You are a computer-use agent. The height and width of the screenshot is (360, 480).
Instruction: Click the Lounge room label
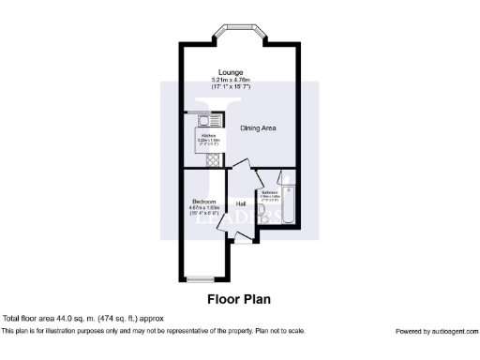[231, 72]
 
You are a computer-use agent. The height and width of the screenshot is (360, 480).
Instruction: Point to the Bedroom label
[205, 202]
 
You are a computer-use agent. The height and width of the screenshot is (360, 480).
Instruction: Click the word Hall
[241, 203]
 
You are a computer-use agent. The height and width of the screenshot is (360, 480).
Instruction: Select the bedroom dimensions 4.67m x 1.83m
[205, 208]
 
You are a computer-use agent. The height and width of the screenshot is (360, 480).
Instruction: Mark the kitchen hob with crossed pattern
[213, 160]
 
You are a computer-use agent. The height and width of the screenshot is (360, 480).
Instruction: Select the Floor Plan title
[239, 301]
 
